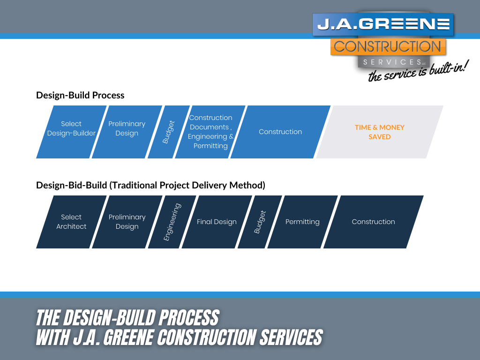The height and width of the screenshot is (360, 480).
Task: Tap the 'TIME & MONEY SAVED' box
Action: (x=380, y=132)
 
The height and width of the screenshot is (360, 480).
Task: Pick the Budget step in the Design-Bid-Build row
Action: (x=260, y=222)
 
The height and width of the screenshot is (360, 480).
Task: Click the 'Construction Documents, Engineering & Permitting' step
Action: (x=210, y=132)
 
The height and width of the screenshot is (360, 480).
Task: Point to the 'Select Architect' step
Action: (x=71, y=222)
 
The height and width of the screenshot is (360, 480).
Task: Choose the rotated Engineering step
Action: (x=172, y=222)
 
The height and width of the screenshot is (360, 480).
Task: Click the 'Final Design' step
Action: (x=217, y=222)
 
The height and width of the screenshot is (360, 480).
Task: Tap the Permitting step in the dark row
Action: (x=302, y=222)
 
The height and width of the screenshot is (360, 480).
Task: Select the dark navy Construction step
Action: (x=373, y=222)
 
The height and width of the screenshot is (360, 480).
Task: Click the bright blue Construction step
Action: (x=280, y=132)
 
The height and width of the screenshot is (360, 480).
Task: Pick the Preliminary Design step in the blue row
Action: (x=127, y=129)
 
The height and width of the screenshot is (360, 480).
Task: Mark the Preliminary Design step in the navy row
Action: (x=127, y=222)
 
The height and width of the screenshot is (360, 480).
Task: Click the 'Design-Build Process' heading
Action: (x=80, y=95)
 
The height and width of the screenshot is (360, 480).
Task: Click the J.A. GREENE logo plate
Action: (x=383, y=24)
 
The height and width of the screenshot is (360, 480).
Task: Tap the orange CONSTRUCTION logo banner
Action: (x=388, y=47)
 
